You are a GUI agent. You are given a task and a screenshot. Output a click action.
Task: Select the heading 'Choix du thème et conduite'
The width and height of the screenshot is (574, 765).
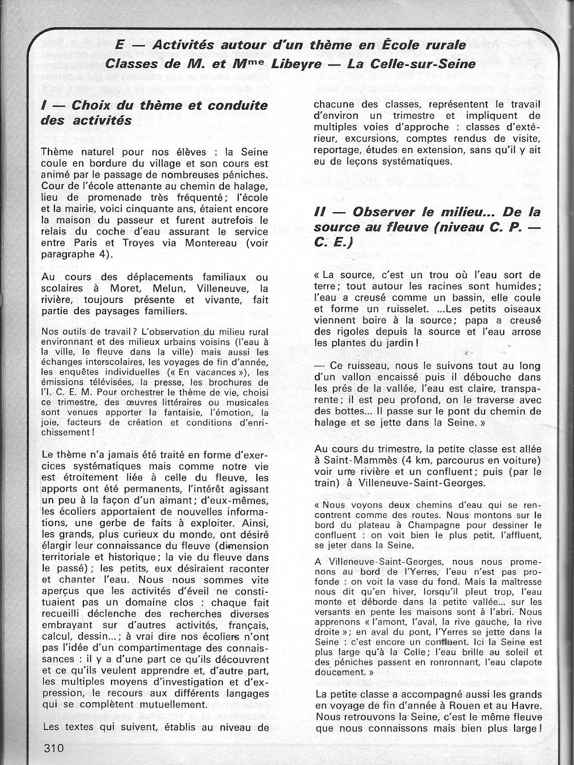169,105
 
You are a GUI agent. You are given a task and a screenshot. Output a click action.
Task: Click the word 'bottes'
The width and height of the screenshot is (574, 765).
335,411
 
